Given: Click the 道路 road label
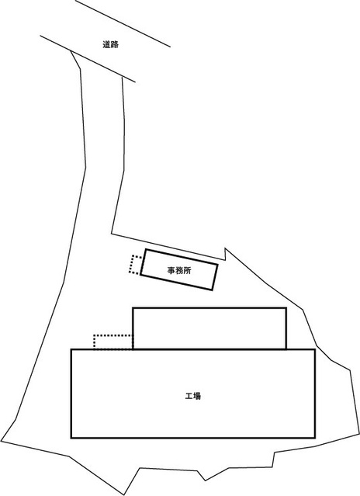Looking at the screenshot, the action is coord(111,44).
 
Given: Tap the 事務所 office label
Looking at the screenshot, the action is coord(179,270).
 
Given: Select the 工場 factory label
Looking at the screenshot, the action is coord(193,396).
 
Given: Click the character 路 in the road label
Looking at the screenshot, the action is coord(115,44).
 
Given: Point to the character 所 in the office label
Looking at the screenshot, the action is coord(187,270).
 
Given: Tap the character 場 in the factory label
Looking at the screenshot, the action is coord(197,396).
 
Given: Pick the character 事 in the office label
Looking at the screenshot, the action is coord(171,270).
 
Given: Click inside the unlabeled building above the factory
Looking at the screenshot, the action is coord(209,328).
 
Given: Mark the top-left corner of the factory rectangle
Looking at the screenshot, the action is coord(71,349).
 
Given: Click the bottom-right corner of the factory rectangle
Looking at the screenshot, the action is coord(315,438).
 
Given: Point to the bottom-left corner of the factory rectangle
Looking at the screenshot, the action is coord(71,438).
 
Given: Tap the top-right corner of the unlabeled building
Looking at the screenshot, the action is coord(286,308).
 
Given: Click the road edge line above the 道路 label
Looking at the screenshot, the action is coord(123,23).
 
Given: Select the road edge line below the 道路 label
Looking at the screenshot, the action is coord(88,58).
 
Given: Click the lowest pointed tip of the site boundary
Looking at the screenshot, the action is coord(125,495).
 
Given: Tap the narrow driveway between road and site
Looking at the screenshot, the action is coord(102,142).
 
